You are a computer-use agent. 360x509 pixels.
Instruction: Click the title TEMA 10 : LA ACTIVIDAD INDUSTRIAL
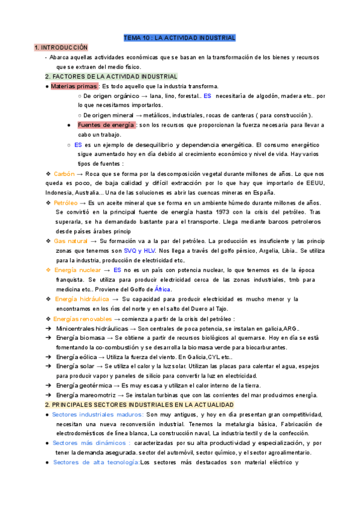[179, 38]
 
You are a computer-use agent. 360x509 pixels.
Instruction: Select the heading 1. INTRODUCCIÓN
[61, 47]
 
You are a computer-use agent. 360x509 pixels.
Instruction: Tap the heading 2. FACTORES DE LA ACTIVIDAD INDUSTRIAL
[111, 77]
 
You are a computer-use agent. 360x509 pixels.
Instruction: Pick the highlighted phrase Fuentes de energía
[106, 125]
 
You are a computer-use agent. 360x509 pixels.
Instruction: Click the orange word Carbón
[64, 173]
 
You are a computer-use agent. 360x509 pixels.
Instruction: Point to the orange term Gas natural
[70, 241]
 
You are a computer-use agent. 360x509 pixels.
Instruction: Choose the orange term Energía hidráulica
[82, 298]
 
